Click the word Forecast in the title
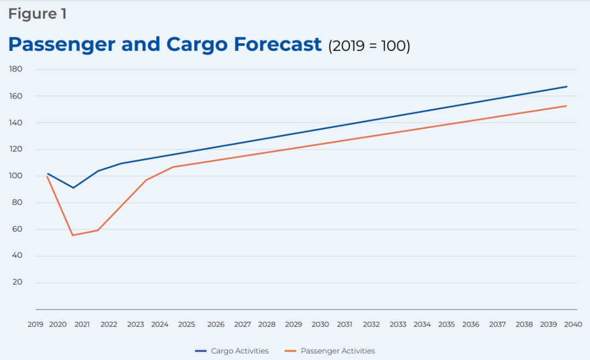coord(278,44)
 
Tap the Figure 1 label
coord(37,14)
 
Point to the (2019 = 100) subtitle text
coord(369,46)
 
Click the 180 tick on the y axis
coord(15,69)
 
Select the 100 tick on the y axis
coord(15,176)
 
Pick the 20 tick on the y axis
coord(17,282)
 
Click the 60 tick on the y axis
coord(17,229)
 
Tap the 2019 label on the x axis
coord(36,324)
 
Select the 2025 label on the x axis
coord(186,324)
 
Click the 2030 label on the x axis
coord(320,324)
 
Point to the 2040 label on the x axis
coord(573,324)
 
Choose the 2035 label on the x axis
coord(446,324)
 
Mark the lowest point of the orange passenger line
coord(73,235)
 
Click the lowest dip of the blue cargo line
coord(73,188)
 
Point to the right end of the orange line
coord(567,106)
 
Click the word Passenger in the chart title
coord(61,44)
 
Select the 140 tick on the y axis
coord(15,123)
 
